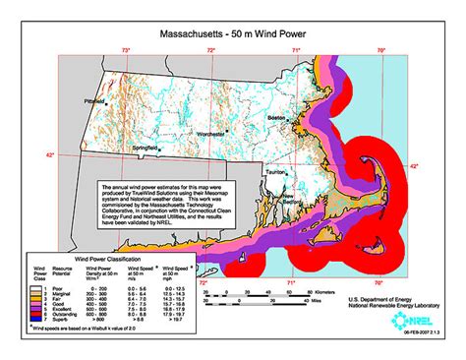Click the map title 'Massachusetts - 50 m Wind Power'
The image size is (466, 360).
click(x=232, y=31)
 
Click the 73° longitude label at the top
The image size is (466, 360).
click(x=126, y=48)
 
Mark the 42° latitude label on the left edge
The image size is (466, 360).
click(x=52, y=155)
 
